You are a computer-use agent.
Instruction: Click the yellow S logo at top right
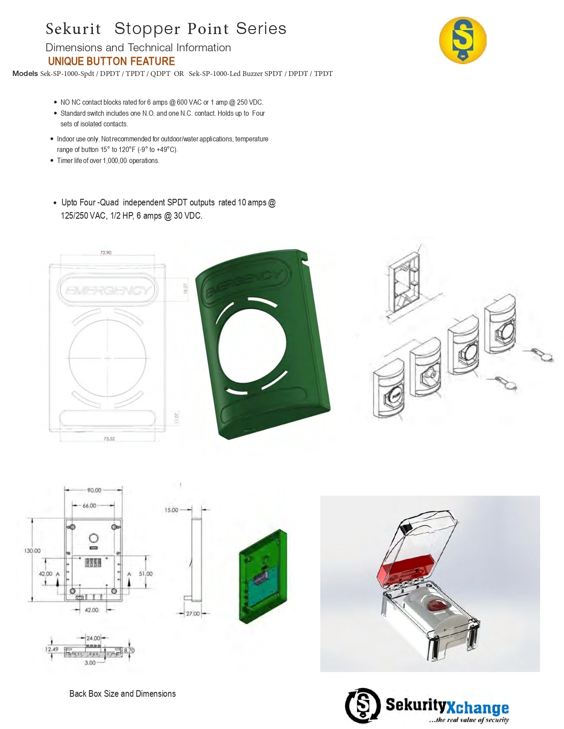[463, 40]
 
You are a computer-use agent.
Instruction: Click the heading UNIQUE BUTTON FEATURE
[111, 61]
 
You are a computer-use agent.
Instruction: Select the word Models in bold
[25, 73]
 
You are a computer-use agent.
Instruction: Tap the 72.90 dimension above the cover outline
[106, 253]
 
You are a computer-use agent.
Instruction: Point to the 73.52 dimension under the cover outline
[109, 439]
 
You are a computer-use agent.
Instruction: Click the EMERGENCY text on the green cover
[243, 283]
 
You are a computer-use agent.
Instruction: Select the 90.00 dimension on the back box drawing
[94, 490]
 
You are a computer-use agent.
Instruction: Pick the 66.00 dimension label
[89, 505]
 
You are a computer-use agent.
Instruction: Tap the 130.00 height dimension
[32, 551]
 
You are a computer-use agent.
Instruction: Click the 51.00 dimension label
[146, 573]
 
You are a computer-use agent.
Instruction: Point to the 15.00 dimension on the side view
[171, 510]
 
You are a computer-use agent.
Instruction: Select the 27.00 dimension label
[193, 613]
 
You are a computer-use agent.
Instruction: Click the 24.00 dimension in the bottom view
[93, 638]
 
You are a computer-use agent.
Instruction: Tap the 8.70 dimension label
[129, 650]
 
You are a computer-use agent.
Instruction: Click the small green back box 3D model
[263, 577]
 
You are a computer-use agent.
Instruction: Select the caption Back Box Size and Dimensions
[123, 694]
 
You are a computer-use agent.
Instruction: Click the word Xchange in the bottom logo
[477, 707]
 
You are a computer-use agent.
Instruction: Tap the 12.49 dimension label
[52, 649]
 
